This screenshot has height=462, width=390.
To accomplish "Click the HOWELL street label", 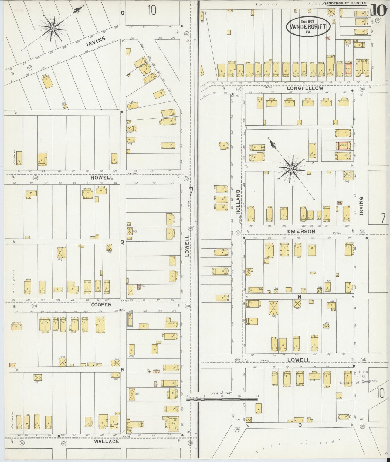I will coord(102,178).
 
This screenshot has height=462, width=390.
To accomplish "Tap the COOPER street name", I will coord(101,305).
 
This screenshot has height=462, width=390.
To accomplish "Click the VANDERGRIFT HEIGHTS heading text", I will coord(345,4).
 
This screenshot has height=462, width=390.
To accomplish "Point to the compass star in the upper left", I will coord(53,28).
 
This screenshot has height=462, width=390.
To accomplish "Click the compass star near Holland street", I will coord(291,169).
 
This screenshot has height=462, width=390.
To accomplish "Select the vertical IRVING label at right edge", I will coord(361,206).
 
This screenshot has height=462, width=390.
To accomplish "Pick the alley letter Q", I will coord(122,242).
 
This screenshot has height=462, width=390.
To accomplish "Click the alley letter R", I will coord(122,370).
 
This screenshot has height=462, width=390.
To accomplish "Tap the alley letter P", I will coord(122,113).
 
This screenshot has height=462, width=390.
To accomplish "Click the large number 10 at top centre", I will coord(152,10).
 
